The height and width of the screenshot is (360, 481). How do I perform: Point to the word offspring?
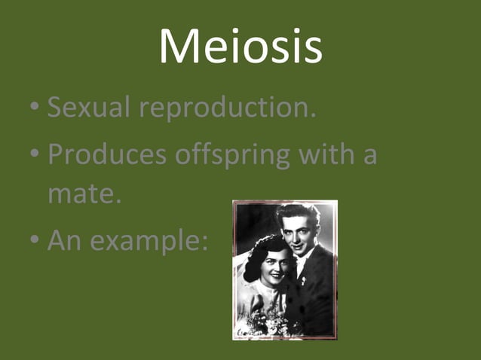point(237,156)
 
